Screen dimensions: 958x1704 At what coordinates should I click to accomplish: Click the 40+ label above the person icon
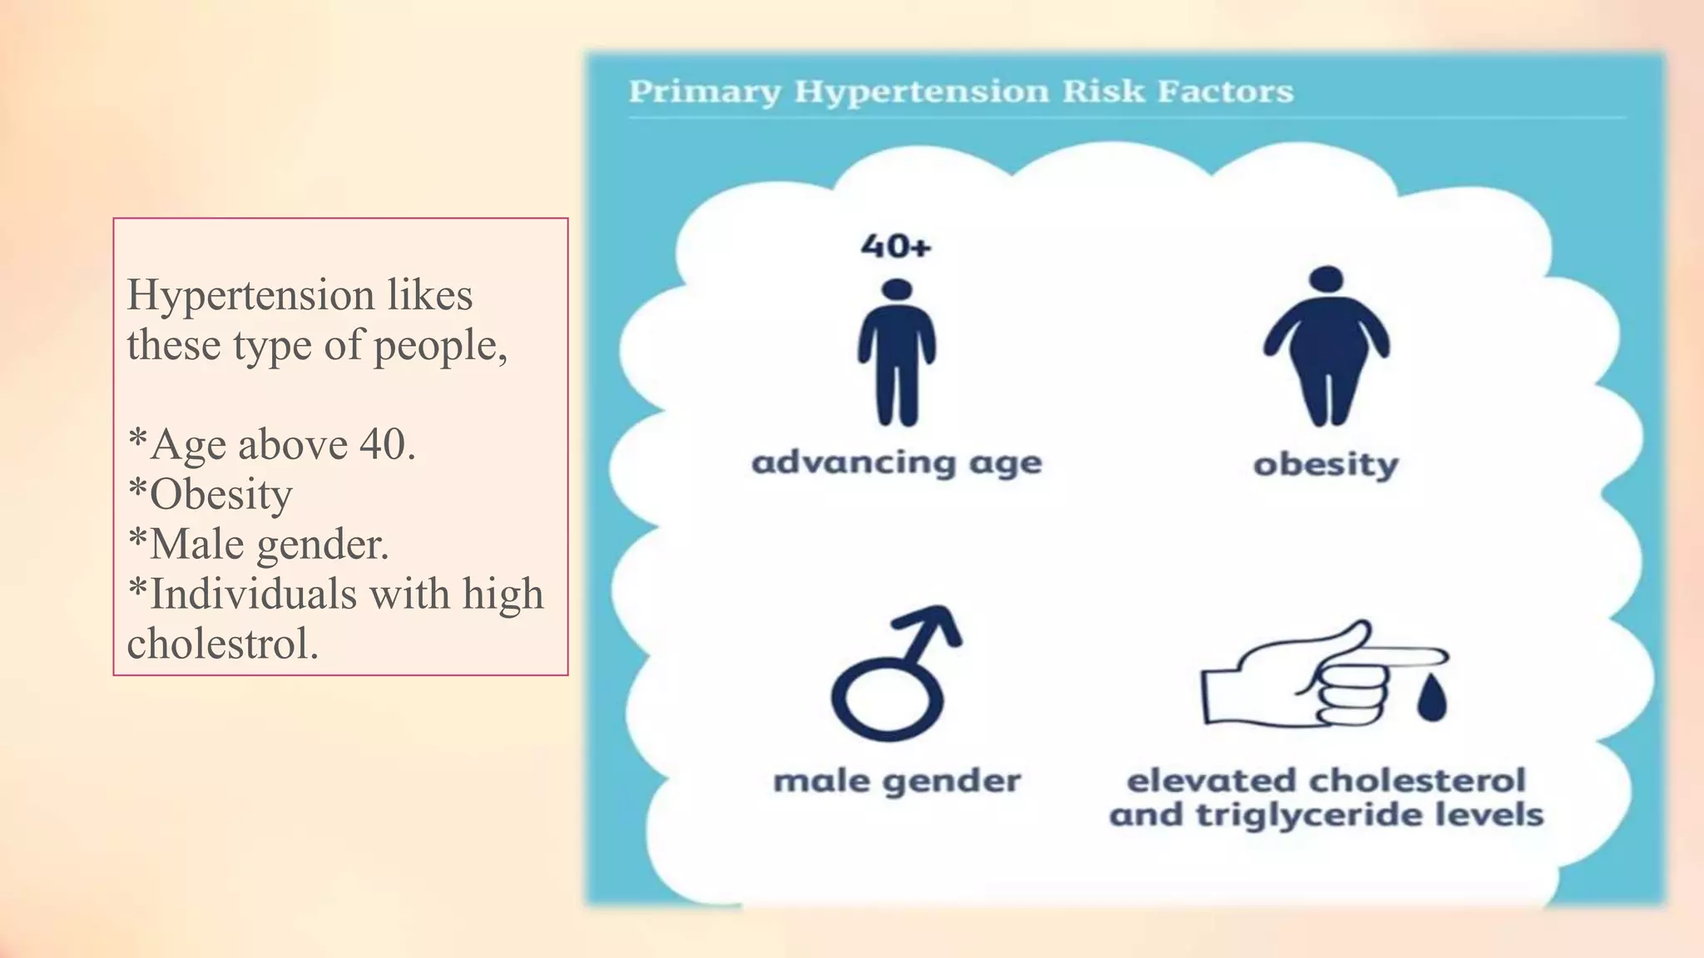pos(895,246)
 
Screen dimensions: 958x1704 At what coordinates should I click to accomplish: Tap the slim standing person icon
pos(897,353)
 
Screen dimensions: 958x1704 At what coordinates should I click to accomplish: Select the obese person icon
pos(1326,348)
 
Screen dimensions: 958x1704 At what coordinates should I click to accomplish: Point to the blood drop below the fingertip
pos(1431,699)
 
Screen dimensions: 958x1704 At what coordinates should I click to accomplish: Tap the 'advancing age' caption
pos(896,463)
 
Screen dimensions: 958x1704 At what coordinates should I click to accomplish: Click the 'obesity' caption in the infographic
pos(1325,464)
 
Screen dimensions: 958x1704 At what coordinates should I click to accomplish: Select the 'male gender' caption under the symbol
pos(896,782)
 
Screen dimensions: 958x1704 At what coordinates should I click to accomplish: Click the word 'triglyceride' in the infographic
pos(1305,815)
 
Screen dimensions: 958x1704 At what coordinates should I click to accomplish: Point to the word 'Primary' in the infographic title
pos(705,91)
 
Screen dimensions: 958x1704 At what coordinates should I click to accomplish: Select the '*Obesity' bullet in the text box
pos(211,494)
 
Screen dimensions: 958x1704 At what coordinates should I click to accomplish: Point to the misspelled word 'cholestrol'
pos(222,644)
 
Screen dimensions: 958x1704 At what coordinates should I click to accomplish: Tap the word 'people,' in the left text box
pos(440,346)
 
